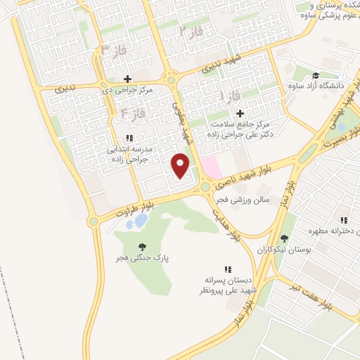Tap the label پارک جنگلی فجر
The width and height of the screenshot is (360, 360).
142,259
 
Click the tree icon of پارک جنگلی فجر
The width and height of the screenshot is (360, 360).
143,247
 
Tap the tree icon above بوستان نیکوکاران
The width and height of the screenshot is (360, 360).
283,238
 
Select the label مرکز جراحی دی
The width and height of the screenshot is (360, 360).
128,90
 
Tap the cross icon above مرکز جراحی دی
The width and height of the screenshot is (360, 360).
127,79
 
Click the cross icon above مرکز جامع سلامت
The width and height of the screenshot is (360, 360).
240,112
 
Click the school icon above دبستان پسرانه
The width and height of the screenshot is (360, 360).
227,269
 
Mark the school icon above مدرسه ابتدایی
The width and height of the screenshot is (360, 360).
128,139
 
